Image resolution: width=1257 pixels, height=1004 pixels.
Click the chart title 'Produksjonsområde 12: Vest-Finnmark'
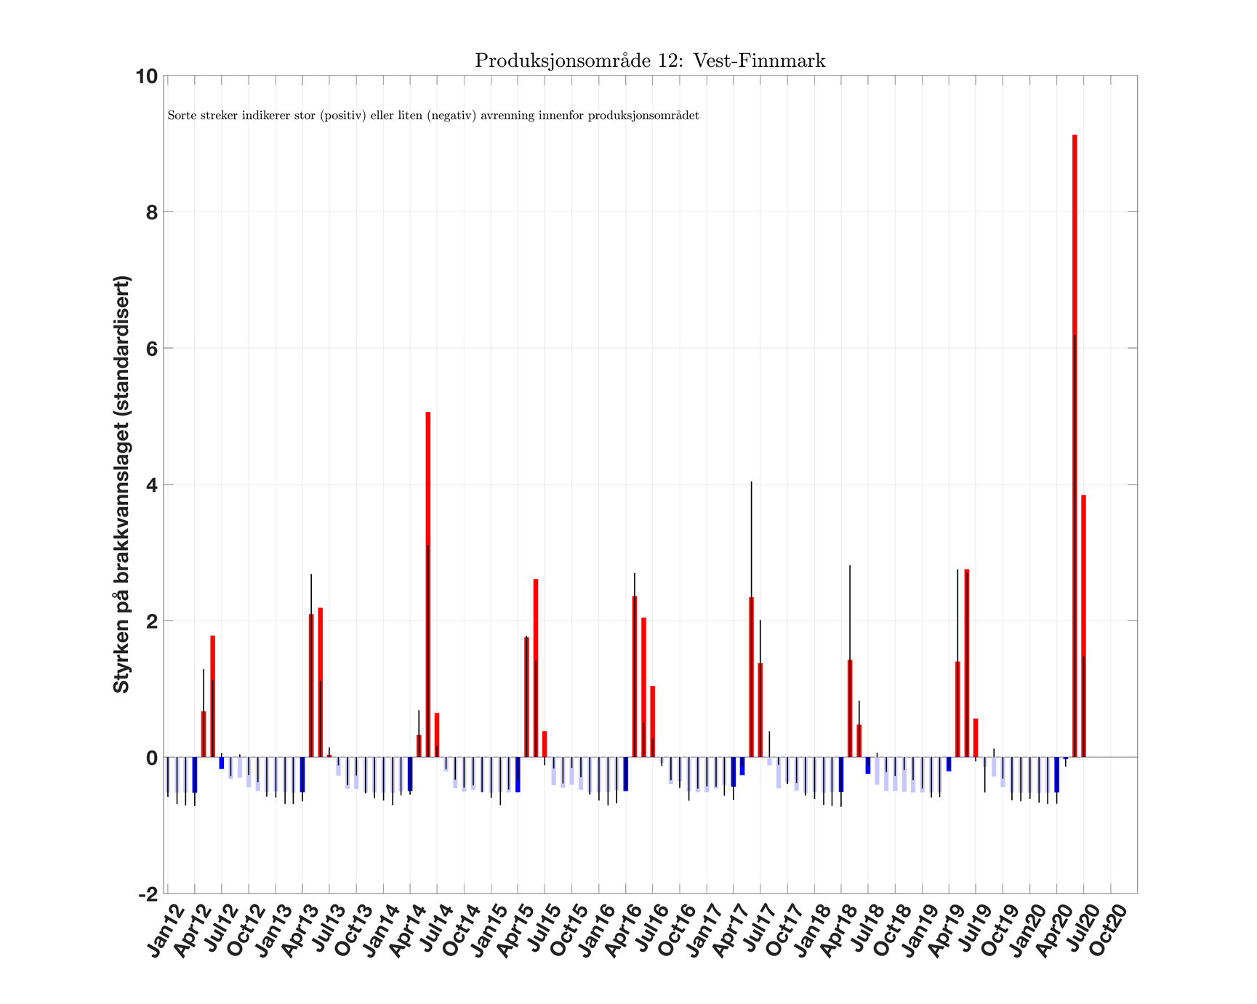coord(650,60)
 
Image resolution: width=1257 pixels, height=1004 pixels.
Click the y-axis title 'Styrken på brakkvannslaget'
coord(121,484)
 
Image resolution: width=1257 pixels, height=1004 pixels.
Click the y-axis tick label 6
coord(151,348)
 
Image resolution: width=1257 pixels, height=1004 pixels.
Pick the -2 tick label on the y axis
coord(148,894)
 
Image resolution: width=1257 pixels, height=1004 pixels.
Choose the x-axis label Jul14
coord(434,930)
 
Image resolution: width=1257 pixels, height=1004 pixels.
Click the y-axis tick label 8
coord(151,212)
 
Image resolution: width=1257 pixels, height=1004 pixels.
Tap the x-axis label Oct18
coord(892,930)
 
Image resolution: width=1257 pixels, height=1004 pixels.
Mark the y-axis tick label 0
coord(151,757)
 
